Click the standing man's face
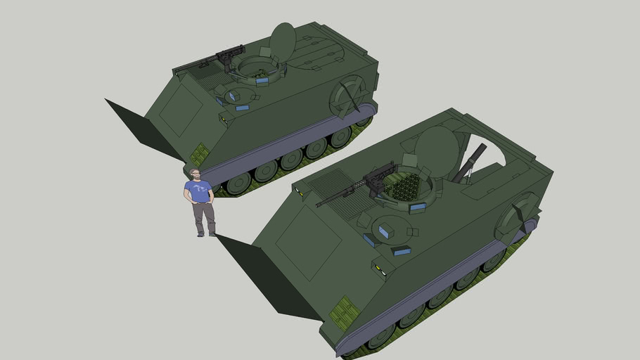(x=195, y=174)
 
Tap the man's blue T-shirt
(x=198, y=191)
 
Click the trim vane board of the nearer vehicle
(x=260, y=274)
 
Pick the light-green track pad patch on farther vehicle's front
(x=200, y=154)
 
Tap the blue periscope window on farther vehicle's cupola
(x=262, y=82)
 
